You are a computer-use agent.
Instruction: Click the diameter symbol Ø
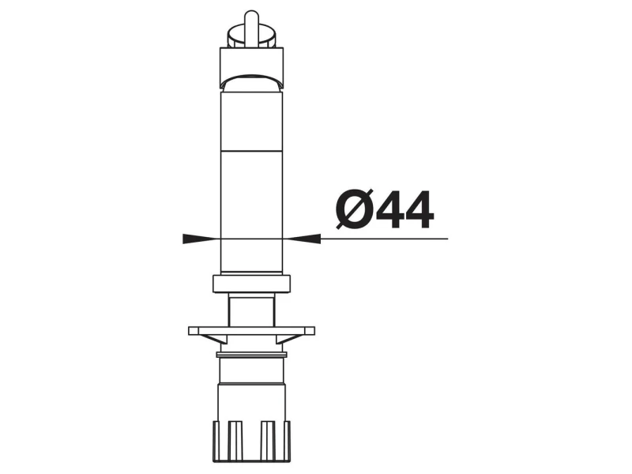click(x=354, y=209)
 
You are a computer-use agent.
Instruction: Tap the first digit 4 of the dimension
click(x=390, y=209)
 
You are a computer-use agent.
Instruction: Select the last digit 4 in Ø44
click(x=419, y=209)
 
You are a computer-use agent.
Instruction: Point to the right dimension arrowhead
click(x=304, y=239)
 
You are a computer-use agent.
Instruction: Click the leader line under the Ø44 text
click(x=384, y=239)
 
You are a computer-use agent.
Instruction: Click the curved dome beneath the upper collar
click(x=251, y=82)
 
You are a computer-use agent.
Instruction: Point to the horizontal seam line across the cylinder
click(x=251, y=151)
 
